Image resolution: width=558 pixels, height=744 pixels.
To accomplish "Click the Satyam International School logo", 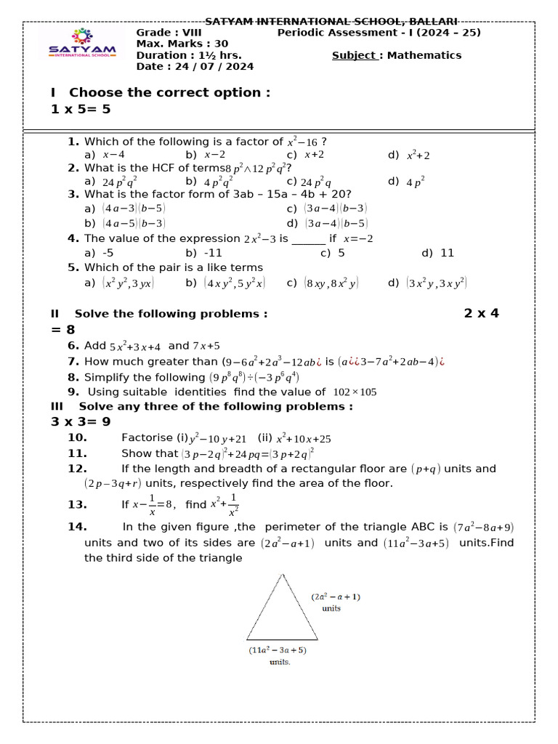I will click(81, 43).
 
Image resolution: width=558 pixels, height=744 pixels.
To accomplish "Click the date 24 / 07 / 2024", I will click(195, 67).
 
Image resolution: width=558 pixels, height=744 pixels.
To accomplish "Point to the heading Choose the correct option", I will click(169, 92).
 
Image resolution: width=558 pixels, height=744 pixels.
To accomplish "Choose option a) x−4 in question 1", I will click(105, 155).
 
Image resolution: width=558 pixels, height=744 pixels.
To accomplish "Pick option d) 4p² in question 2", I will click(407, 182).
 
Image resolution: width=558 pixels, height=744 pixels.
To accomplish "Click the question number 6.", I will click(73, 346).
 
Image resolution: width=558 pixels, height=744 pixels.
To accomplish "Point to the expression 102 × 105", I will click(355, 392).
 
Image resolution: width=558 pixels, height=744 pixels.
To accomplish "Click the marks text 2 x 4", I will click(482, 313).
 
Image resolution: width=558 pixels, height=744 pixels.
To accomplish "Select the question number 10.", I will click(77, 437).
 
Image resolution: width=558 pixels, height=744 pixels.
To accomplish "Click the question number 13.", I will click(77, 504).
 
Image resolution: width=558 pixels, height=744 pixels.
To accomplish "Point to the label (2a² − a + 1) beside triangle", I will click(336, 597).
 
